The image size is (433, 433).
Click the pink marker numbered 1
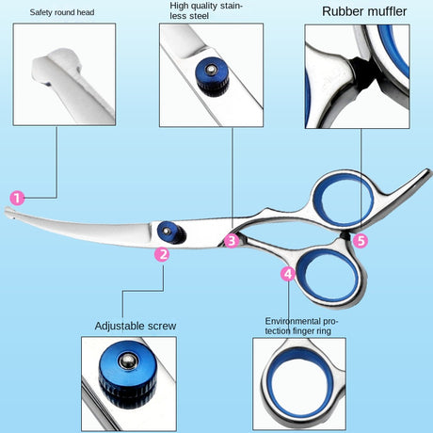17,198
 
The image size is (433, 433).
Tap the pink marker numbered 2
162,253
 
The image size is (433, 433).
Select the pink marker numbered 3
232,240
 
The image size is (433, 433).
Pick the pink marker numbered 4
288,274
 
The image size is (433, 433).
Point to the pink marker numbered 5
361,240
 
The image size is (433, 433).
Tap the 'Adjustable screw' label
135,326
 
